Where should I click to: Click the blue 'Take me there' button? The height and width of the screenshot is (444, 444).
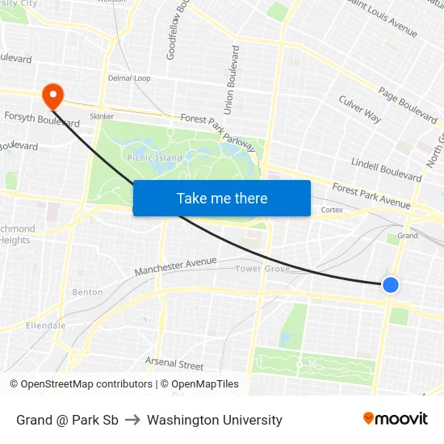click(222, 198)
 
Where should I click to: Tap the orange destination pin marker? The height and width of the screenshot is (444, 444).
click(54, 96)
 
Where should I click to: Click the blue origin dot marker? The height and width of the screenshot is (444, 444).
click(391, 284)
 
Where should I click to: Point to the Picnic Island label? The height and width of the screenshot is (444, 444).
click(155, 158)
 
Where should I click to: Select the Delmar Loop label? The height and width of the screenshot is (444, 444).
click(129, 78)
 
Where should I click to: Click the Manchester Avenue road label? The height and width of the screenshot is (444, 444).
click(176, 266)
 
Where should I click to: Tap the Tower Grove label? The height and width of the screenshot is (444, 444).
click(262, 269)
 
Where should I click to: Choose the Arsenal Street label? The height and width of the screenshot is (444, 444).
click(174, 364)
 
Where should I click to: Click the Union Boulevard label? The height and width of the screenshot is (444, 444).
click(231, 79)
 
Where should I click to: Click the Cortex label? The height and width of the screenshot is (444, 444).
click(332, 210)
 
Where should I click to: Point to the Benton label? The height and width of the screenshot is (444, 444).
click(87, 292)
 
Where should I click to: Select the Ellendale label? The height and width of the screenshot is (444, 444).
click(45, 325)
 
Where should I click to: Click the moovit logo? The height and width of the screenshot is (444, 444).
click(396, 419)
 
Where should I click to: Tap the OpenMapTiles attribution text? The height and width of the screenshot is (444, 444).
click(199, 384)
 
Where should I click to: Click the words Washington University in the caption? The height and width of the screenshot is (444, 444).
click(215, 420)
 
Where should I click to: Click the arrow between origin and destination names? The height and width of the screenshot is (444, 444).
click(132, 420)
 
